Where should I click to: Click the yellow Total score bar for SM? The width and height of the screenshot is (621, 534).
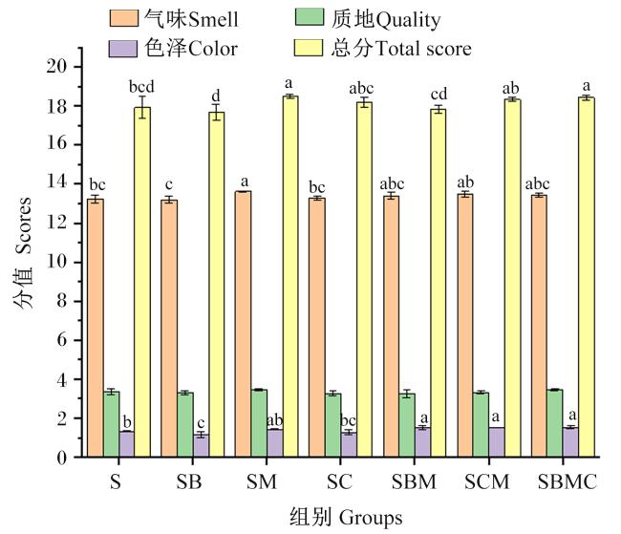290,276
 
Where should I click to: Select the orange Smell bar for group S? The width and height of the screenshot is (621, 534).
95,328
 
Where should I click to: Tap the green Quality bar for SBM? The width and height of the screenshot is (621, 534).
407,425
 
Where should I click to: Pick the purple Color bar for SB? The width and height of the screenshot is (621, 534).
201,446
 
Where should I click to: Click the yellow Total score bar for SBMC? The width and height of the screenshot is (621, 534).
587,277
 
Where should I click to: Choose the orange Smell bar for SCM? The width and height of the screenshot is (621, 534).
465,326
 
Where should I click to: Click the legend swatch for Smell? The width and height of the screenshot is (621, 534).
124,18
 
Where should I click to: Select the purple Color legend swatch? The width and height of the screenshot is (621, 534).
123,49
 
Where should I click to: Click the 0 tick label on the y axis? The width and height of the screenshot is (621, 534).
62,458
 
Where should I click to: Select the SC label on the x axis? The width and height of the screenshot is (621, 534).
339,482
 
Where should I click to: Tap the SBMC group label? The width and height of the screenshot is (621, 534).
567,482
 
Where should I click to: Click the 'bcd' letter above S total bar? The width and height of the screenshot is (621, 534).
141,87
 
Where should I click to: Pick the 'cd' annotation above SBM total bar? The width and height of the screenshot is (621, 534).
439,95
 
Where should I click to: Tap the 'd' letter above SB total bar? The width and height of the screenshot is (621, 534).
216,96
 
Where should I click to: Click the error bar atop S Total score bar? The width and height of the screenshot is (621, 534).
142,107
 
